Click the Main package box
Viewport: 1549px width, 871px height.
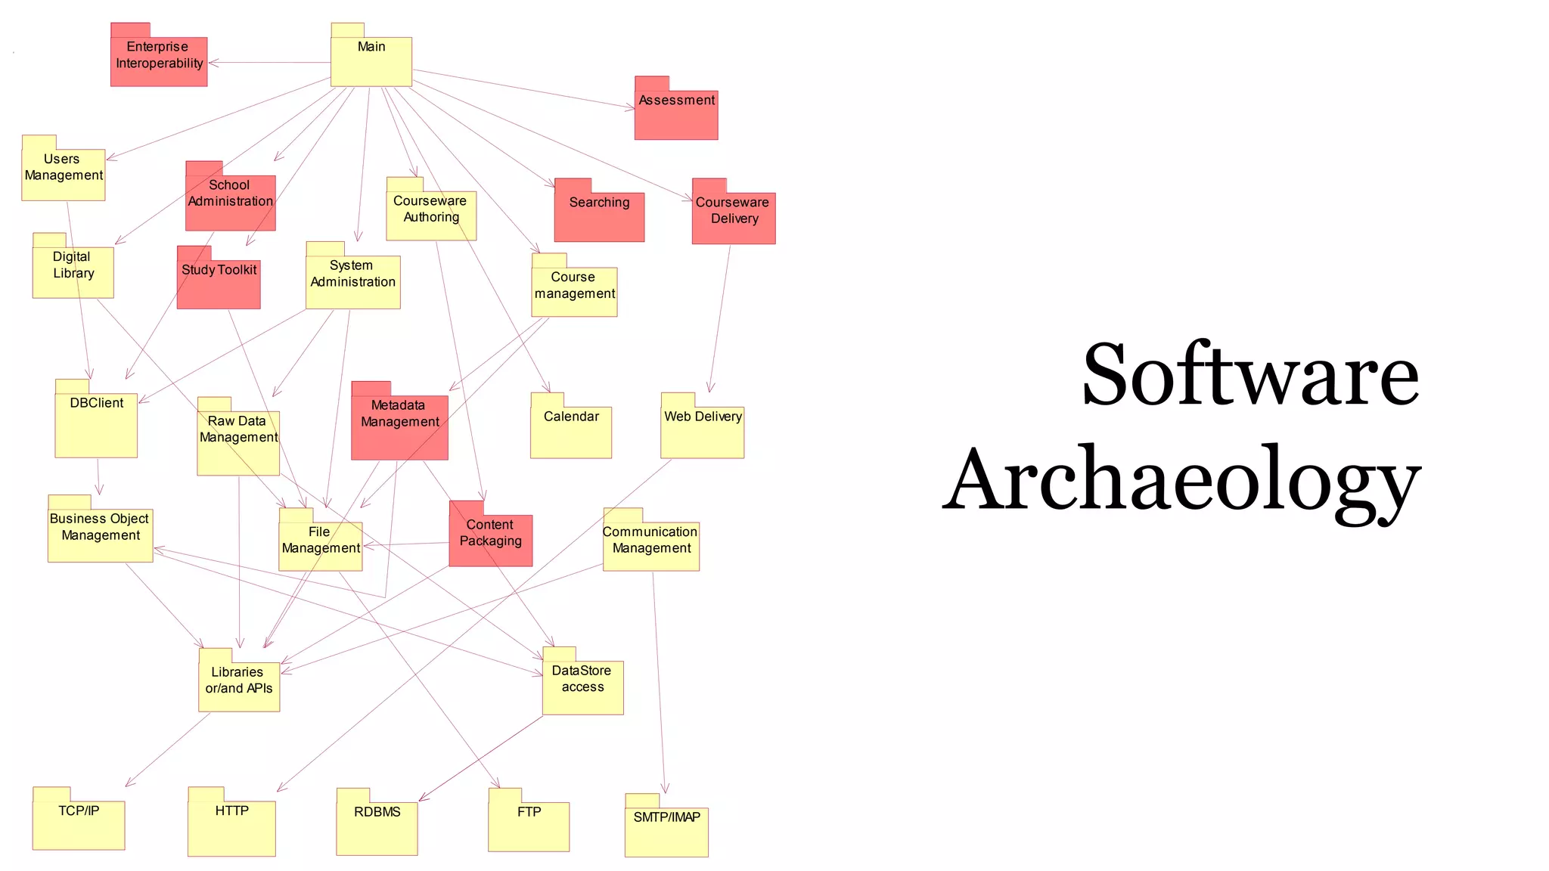click(371, 60)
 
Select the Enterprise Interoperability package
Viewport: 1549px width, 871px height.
click(159, 60)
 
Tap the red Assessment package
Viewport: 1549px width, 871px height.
click(676, 114)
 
